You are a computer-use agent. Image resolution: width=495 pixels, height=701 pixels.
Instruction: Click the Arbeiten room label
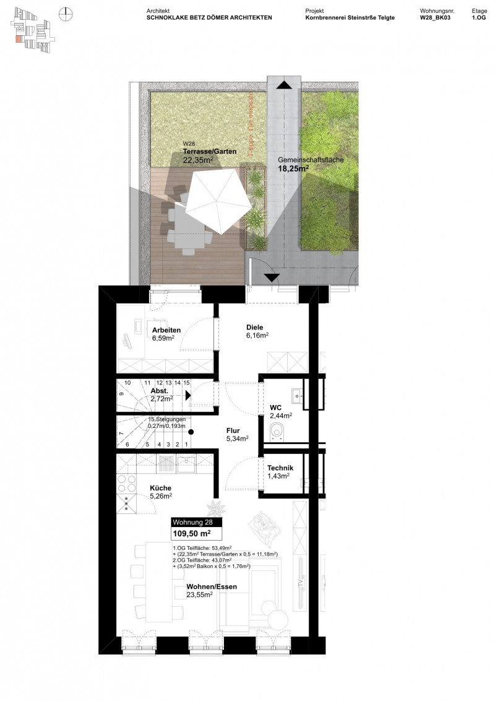pyautogui.click(x=166, y=330)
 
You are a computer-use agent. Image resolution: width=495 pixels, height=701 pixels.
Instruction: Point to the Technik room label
pyautogui.click(x=285, y=468)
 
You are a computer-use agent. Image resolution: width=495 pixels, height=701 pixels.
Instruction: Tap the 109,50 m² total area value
pyautogui.click(x=191, y=533)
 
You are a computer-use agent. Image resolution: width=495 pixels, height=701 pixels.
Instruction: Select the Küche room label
pyautogui.click(x=160, y=487)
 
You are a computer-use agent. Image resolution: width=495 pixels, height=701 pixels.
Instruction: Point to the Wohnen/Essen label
pyautogui.click(x=212, y=586)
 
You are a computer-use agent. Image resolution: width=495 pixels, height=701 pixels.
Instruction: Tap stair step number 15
pyautogui.click(x=186, y=383)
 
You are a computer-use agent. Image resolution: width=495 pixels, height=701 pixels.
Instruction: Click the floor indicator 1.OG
pyautogui.click(x=478, y=19)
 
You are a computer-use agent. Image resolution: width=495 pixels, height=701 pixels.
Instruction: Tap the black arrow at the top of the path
pyautogui.click(x=283, y=85)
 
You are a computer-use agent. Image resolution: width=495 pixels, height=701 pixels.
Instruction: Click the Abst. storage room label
pyautogui.click(x=160, y=391)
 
